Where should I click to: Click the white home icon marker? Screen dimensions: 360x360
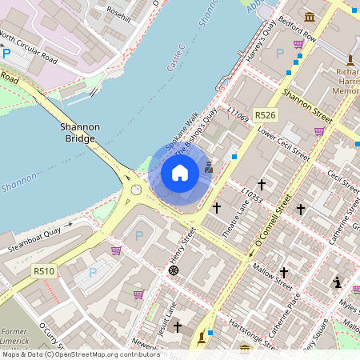click(180, 172)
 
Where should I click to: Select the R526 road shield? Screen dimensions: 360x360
click(265, 116)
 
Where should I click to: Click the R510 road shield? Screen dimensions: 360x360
click(44, 271)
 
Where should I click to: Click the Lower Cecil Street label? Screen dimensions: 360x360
click(283, 142)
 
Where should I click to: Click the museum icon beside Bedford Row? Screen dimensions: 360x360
click(310, 17)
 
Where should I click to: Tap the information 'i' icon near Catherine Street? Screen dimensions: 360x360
click(338, 282)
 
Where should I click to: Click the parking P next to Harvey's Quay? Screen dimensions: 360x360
click(279, 54)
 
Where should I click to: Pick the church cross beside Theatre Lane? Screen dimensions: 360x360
click(216, 207)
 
